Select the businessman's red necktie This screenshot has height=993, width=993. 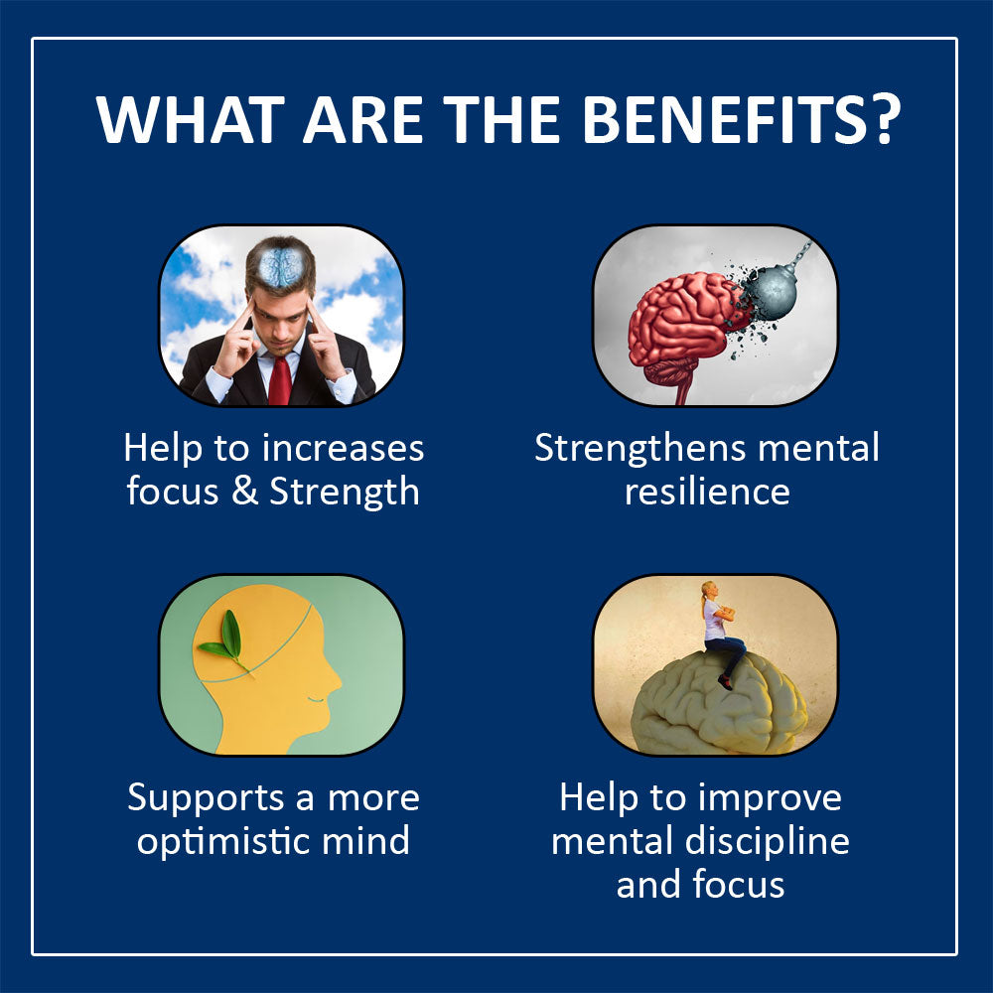(279, 380)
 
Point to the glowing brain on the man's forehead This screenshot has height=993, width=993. (280, 266)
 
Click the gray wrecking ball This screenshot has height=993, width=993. (772, 289)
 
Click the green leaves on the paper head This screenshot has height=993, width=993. (223, 640)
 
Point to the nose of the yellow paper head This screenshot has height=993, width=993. (332, 683)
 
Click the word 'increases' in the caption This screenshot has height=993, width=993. (343, 449)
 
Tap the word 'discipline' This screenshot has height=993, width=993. (767, 842)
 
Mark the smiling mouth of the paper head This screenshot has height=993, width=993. (316, 700)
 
